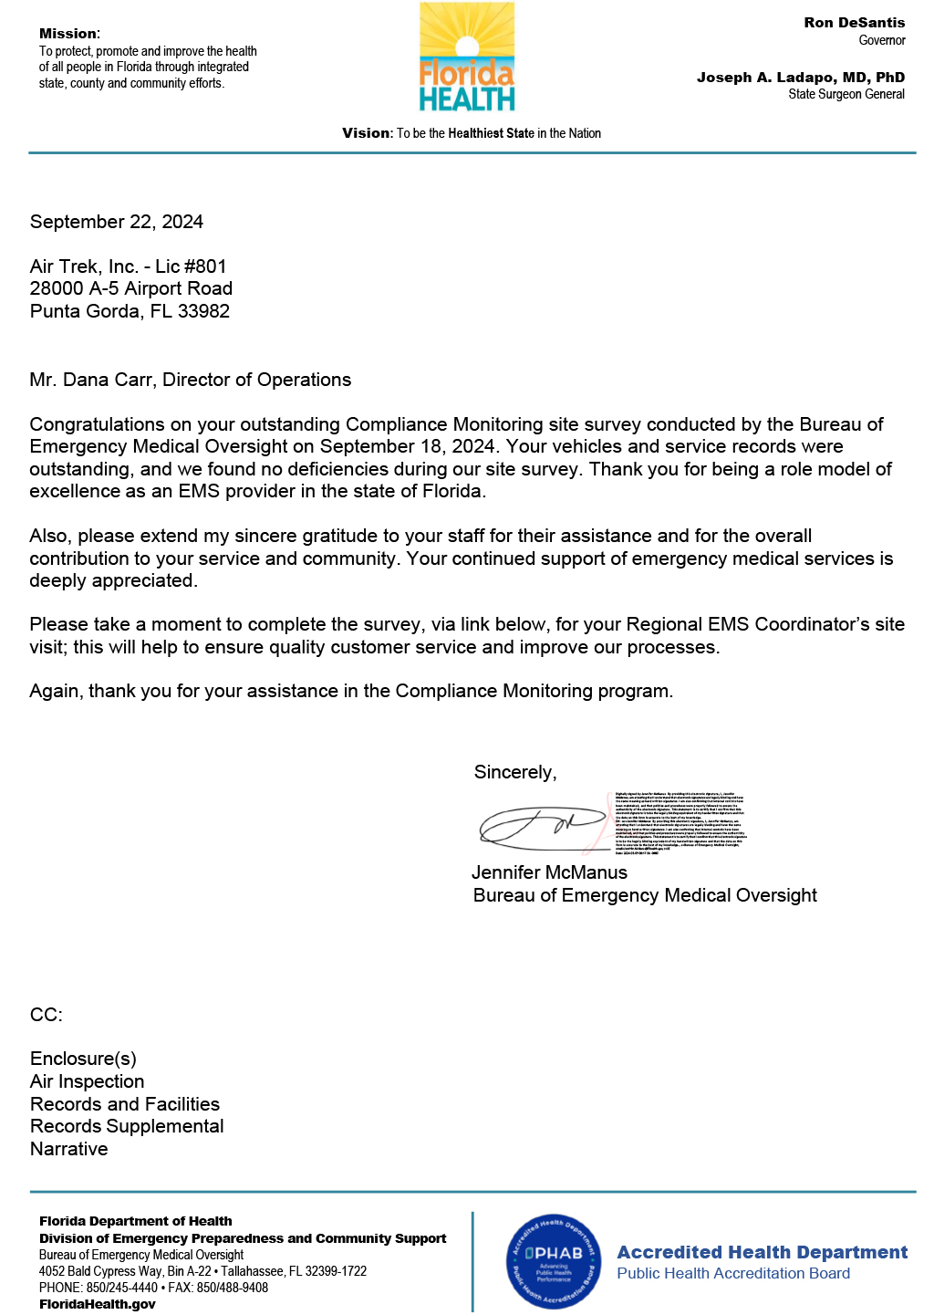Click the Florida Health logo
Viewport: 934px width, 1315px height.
coord(467,57)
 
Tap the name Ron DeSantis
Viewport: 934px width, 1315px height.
coord(854,23)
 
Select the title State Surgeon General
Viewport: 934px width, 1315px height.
coord(846,94)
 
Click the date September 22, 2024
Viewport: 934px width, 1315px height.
coord(117,222)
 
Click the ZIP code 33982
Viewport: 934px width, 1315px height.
coord(203,311)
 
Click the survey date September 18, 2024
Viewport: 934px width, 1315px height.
coord(407,446)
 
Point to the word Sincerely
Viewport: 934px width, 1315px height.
coord(514,772)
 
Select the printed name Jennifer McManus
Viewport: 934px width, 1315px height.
coord(549,872)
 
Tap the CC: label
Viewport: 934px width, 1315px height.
coord(47,1015)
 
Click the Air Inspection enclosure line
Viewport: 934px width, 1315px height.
coord(88,1081)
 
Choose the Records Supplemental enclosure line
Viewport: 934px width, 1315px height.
coord(127,1126)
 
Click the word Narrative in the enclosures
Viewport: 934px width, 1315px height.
coord(69,1149)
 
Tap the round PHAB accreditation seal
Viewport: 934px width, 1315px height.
coord(554,1262)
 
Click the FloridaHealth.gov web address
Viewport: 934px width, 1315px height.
coord(98,1304)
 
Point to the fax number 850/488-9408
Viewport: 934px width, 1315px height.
coord(232,1288)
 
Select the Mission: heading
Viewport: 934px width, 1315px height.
coord(69,34)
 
